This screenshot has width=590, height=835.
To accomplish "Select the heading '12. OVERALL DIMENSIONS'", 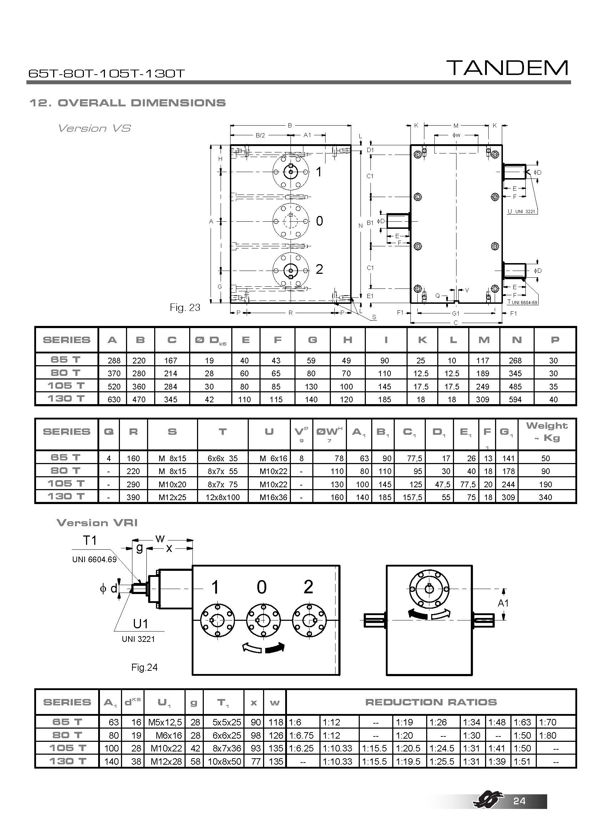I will (127, 103).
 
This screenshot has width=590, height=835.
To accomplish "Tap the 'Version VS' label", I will (94, 128).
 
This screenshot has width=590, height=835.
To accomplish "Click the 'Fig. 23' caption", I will (185, 308).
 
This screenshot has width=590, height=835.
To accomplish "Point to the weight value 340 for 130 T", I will (545, 497).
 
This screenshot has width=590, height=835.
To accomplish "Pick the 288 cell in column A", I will (114, 361).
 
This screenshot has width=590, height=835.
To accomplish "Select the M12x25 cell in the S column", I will (172, 497).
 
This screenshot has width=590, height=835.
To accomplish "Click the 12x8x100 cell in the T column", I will (222, 497).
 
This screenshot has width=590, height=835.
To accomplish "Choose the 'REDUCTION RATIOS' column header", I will (431, 702).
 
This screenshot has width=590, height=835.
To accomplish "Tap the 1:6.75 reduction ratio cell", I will (301, 735).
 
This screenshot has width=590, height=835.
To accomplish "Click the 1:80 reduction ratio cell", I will (548, 735).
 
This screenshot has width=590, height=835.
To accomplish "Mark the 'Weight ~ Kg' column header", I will (546, 431).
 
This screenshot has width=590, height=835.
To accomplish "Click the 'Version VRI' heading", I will (97, 523).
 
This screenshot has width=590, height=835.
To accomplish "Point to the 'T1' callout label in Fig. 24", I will (90, 540).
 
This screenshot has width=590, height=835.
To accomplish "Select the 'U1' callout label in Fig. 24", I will (140, 624).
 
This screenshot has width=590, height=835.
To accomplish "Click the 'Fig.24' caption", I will (144, 667).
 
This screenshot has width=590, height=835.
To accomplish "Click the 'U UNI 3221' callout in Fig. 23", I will (522, 211).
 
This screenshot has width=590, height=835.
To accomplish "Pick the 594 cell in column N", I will (515, 399).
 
